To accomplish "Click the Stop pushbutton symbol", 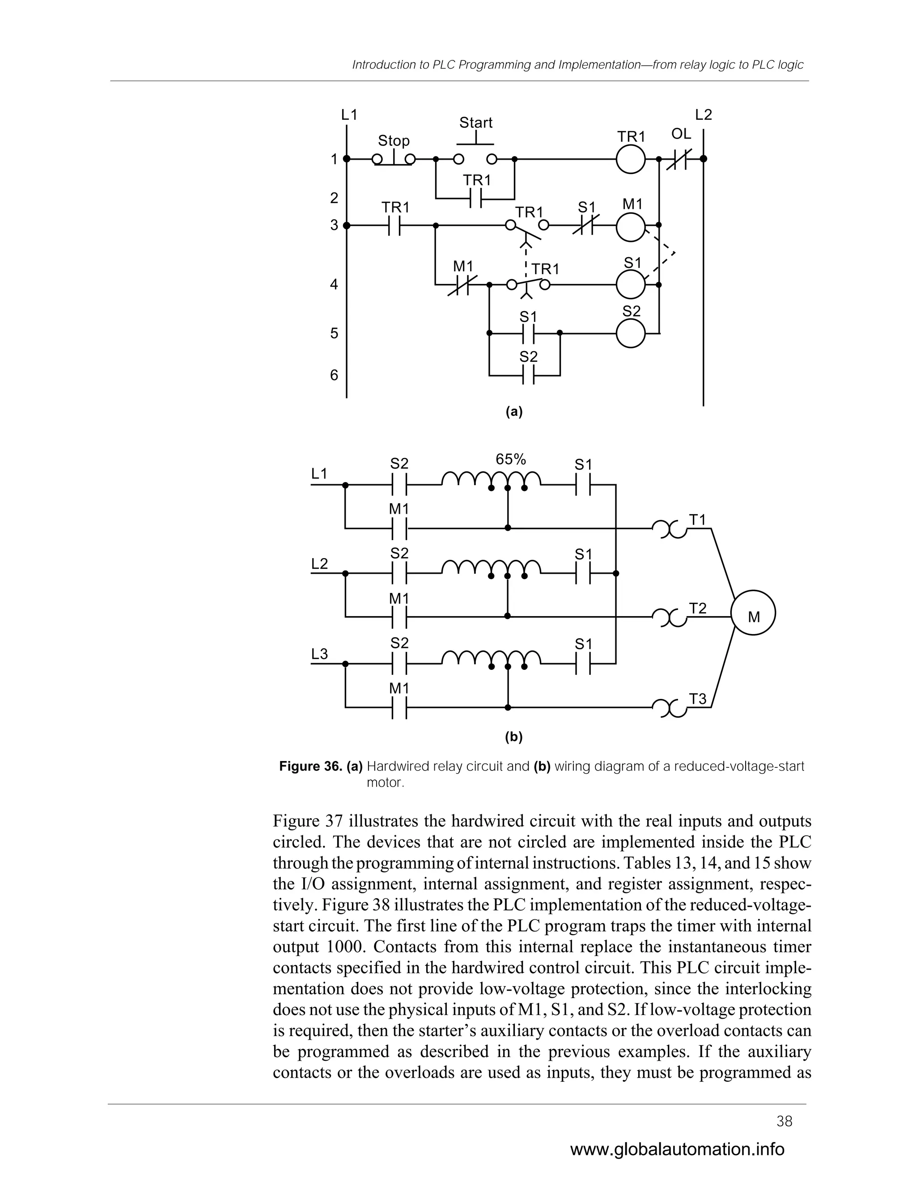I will click(394, 159).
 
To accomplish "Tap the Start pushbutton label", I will click(475, 123).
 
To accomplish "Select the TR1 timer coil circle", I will click(631, 159).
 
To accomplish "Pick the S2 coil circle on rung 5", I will click(631, 333).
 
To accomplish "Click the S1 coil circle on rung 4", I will click(631, 284).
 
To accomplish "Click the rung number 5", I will click(334, 333).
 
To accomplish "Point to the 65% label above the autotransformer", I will click(511, 460).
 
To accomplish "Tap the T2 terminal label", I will click(698, 609).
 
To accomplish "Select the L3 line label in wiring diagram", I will click(320, 654).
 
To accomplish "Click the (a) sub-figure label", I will click(513, 412).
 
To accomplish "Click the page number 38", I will click(784, 1122).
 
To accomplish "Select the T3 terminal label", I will click(698, 699).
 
